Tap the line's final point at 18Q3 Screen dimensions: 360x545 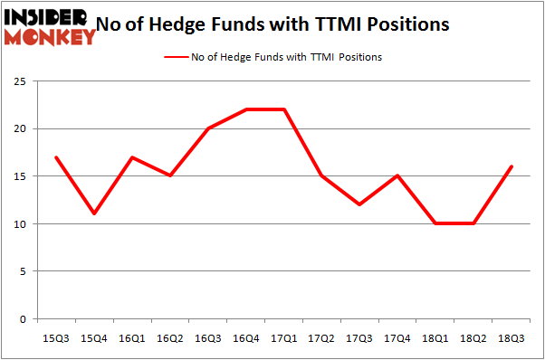point(512,166)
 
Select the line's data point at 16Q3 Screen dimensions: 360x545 point(207,128)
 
